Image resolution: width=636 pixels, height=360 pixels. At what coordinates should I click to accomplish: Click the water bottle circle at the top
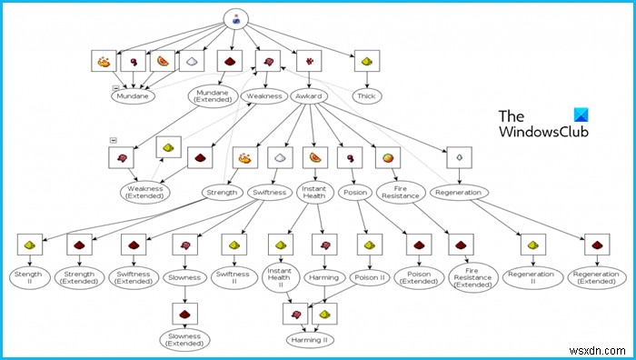pyautogui.click(x=236, y=19)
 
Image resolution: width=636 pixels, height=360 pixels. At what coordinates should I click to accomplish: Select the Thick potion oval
pyautogui.click(x=366, y=95)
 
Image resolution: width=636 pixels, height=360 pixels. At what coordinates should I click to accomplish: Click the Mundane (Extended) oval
pyautogui.click(x=214, y=96)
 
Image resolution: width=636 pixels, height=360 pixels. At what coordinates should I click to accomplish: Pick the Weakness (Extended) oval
pyautogui.click(x=146, y=193)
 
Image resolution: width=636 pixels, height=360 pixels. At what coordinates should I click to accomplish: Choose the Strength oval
pyautogui.click(x=221, y=193)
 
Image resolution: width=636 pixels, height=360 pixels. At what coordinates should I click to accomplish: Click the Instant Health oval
pyautogui.click(x=313, y=193)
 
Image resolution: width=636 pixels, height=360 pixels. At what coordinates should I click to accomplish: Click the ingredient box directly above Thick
pyautogui.click(x=366, y=61)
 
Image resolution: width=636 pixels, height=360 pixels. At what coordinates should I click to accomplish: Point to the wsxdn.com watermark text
pyautogui.click(x=603, y=350)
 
